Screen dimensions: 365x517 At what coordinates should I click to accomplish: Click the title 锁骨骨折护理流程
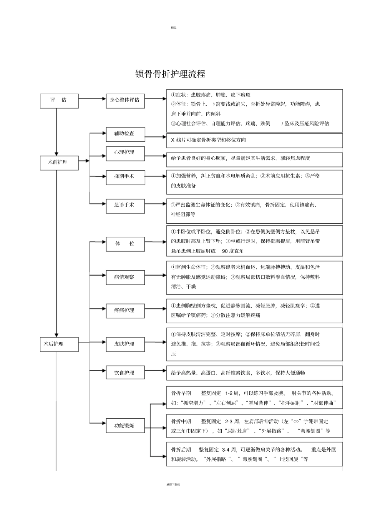point(170,74)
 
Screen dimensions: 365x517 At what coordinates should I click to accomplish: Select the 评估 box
point(59,101)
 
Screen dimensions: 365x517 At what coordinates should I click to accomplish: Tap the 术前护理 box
point(59,163)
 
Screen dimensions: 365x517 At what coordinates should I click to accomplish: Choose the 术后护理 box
point(59,344)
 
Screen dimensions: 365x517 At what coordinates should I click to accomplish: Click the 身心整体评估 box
point(125,101)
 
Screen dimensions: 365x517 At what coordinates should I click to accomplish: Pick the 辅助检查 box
point(126,134)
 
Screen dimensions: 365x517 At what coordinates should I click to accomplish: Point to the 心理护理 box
point(125,153)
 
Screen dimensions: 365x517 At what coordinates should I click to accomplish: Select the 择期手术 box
point(126,178)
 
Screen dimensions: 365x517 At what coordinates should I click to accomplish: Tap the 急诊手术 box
point(125,206)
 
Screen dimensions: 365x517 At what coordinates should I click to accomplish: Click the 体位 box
point(125,244)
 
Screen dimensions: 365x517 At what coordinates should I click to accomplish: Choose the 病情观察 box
point(125,278)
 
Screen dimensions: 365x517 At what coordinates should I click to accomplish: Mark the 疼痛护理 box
point(125,311)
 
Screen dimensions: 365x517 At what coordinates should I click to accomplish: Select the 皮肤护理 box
point(125,344)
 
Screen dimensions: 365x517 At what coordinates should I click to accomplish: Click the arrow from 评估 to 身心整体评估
point(92,99)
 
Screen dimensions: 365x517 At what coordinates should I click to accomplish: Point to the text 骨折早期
point(181,393)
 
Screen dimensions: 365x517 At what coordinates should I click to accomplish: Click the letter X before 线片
point(173,140)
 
